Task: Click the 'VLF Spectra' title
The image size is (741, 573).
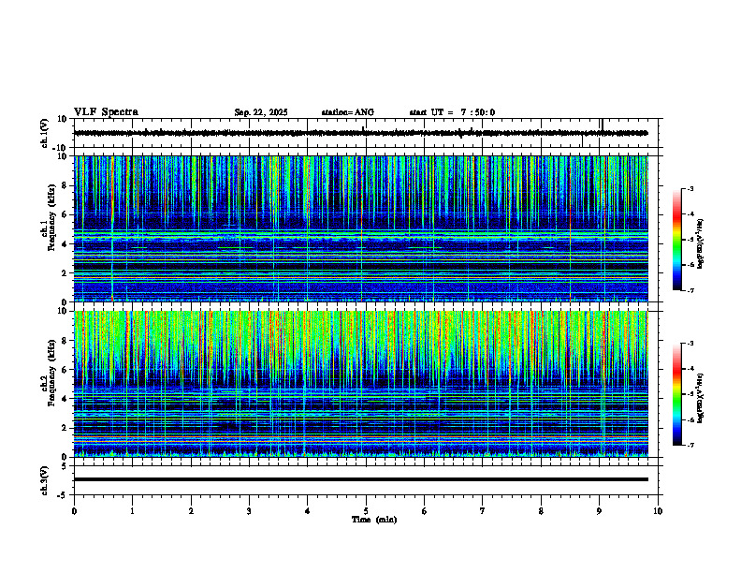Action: pyautogui.click(x=106, y=111)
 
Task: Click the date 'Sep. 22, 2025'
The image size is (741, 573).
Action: pyautogui.click(x=261, y=112)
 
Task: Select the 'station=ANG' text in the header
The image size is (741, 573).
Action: pyautogui.click(x=347, y=112)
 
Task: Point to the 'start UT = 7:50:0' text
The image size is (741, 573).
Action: pyautogui.click(x=452, y=112)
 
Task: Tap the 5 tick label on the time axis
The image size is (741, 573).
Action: pyautogui.click(x=366, y=510)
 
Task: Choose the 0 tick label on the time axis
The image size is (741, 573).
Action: pyautogui.click(x=74, y=510)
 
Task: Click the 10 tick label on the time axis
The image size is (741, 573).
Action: pyautogui.click(x=658, y=510)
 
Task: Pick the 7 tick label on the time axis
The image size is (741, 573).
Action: pyautogui.click(x=483, y=510)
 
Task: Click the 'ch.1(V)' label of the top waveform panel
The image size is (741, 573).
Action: pyautogui.click(x=45, y=133)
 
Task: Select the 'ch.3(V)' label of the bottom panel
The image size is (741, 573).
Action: pyautogui.click(x=45, y=479)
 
